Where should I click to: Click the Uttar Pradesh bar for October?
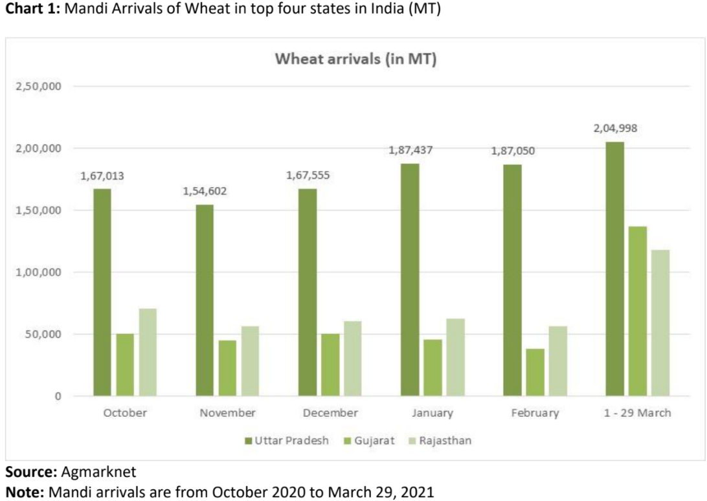(x=102, y=292)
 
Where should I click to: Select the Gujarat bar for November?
(x=227, y=368)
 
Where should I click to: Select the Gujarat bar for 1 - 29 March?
(x=638, y=311)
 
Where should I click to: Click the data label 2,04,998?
(x=615, y=128)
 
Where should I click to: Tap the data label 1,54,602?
(x=205, y=191)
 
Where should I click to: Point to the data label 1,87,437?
(x=410, y=150)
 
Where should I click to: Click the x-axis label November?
(x=227, y=413)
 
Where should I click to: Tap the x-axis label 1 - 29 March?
(x=638, y=413)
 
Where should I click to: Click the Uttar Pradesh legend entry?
(x=287, y=441)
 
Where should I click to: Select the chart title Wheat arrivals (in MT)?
(x=356, y=59)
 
